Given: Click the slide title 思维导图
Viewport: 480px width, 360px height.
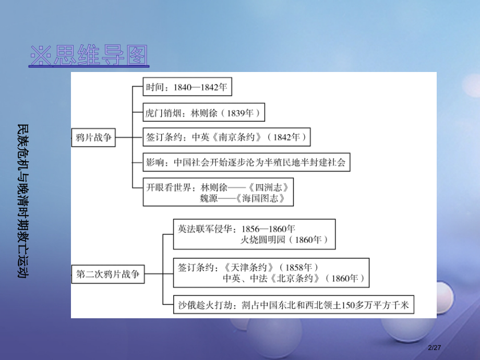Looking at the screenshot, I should click(x=89, y=56).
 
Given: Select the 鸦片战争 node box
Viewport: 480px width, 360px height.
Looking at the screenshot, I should click(x=93, y=138).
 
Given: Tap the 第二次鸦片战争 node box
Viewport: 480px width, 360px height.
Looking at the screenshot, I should click(x=108, y=274).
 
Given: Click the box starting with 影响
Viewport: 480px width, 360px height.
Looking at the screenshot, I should click(x=246, y=162).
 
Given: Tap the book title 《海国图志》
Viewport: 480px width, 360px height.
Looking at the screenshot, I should click(x=260, y=199).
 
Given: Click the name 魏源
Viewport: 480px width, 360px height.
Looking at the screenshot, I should click(x=210, y=199).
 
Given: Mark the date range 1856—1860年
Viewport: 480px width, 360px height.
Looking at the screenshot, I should click(x=268, y=229).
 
